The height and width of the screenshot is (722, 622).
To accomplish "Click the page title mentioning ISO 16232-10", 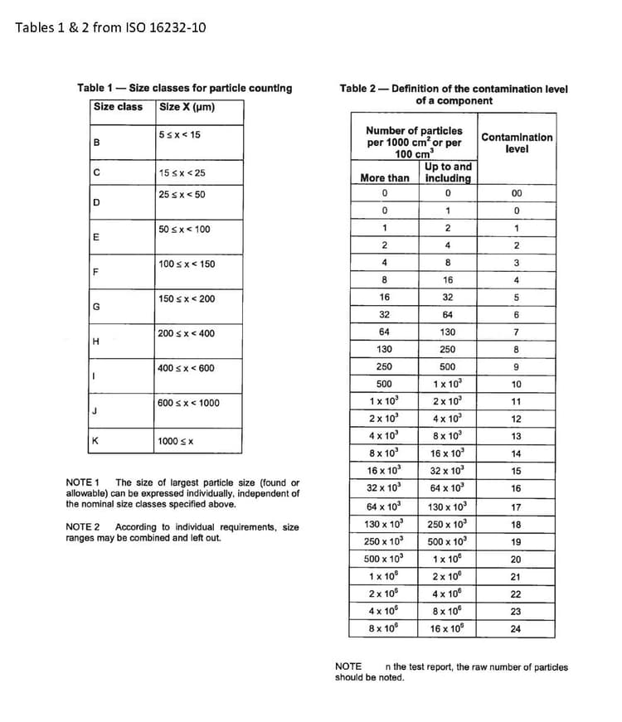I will tap(110, 27).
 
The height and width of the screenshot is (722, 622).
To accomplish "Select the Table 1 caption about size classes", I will tap(184, 88).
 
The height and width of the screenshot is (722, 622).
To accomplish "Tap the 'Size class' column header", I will tap(118, 107).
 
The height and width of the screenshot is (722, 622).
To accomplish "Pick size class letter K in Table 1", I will tap(96, 441).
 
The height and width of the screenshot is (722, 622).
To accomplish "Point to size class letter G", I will tap(96, 307).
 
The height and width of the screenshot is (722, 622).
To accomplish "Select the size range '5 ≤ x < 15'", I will tap(179, 135).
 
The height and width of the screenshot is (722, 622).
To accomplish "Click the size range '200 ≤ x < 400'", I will tap(186, 333).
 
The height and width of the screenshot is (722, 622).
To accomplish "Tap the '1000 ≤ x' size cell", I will tap(175, 442).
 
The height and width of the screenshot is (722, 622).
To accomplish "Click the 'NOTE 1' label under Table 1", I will tap(82, 482).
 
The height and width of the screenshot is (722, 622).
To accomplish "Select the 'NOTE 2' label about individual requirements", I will tap(82, 527).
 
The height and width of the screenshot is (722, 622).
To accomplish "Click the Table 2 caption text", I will tap(453, 94).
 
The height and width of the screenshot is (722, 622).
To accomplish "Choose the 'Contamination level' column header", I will tap(516, 143).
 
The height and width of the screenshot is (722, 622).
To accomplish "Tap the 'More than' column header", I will tap(384, 178).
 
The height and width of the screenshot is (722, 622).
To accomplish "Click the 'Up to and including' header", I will tap(447, 172).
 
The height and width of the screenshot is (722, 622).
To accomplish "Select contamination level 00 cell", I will tap(516, 193).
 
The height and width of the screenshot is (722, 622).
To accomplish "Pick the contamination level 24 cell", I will tap(516, 628).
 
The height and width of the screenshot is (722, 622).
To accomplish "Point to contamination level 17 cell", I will tap(516, 506).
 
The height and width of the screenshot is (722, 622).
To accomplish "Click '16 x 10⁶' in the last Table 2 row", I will tap(447, 628).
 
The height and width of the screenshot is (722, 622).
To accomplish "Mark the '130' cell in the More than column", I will tap(384, 350).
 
